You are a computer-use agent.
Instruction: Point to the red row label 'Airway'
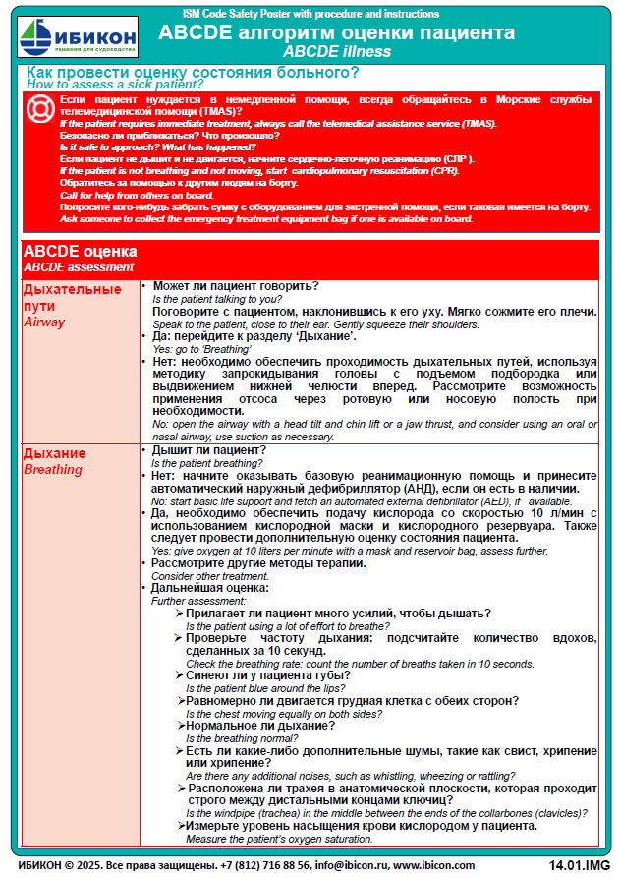click(44, 322)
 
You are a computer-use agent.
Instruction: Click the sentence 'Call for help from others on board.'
click(134, 194)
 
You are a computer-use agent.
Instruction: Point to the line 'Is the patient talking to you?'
click(217, 299)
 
